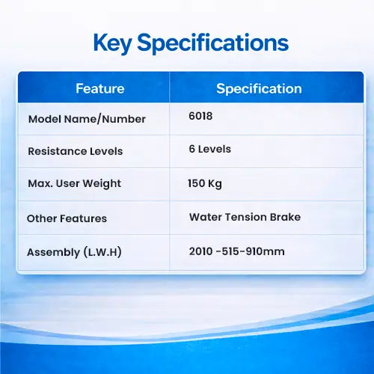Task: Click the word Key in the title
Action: [x=112, y=43]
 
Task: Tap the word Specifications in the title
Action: [x=213, y=43]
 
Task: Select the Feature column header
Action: [x=100, y=88]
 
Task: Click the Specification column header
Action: [x=259, y=89]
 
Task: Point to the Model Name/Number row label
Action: [x=87, y=119]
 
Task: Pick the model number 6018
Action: [x=200, y=116]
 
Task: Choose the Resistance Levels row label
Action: [x=76, y=151]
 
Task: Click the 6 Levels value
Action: [x=210, y=149]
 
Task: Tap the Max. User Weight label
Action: [x=75, y=184]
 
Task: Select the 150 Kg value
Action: [x=205, y=184]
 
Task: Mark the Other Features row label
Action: [x=67, y=218]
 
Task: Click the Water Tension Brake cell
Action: [x=245, y=217]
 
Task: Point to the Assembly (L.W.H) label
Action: [x=74, y=252]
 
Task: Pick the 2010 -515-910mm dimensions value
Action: [x=236, y=251]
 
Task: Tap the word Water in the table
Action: [x=206, y=217]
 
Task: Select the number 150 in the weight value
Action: [x=197, y=183]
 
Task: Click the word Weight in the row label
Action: [x=102, y=184]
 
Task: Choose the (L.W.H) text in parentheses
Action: [x=102, y=252]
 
